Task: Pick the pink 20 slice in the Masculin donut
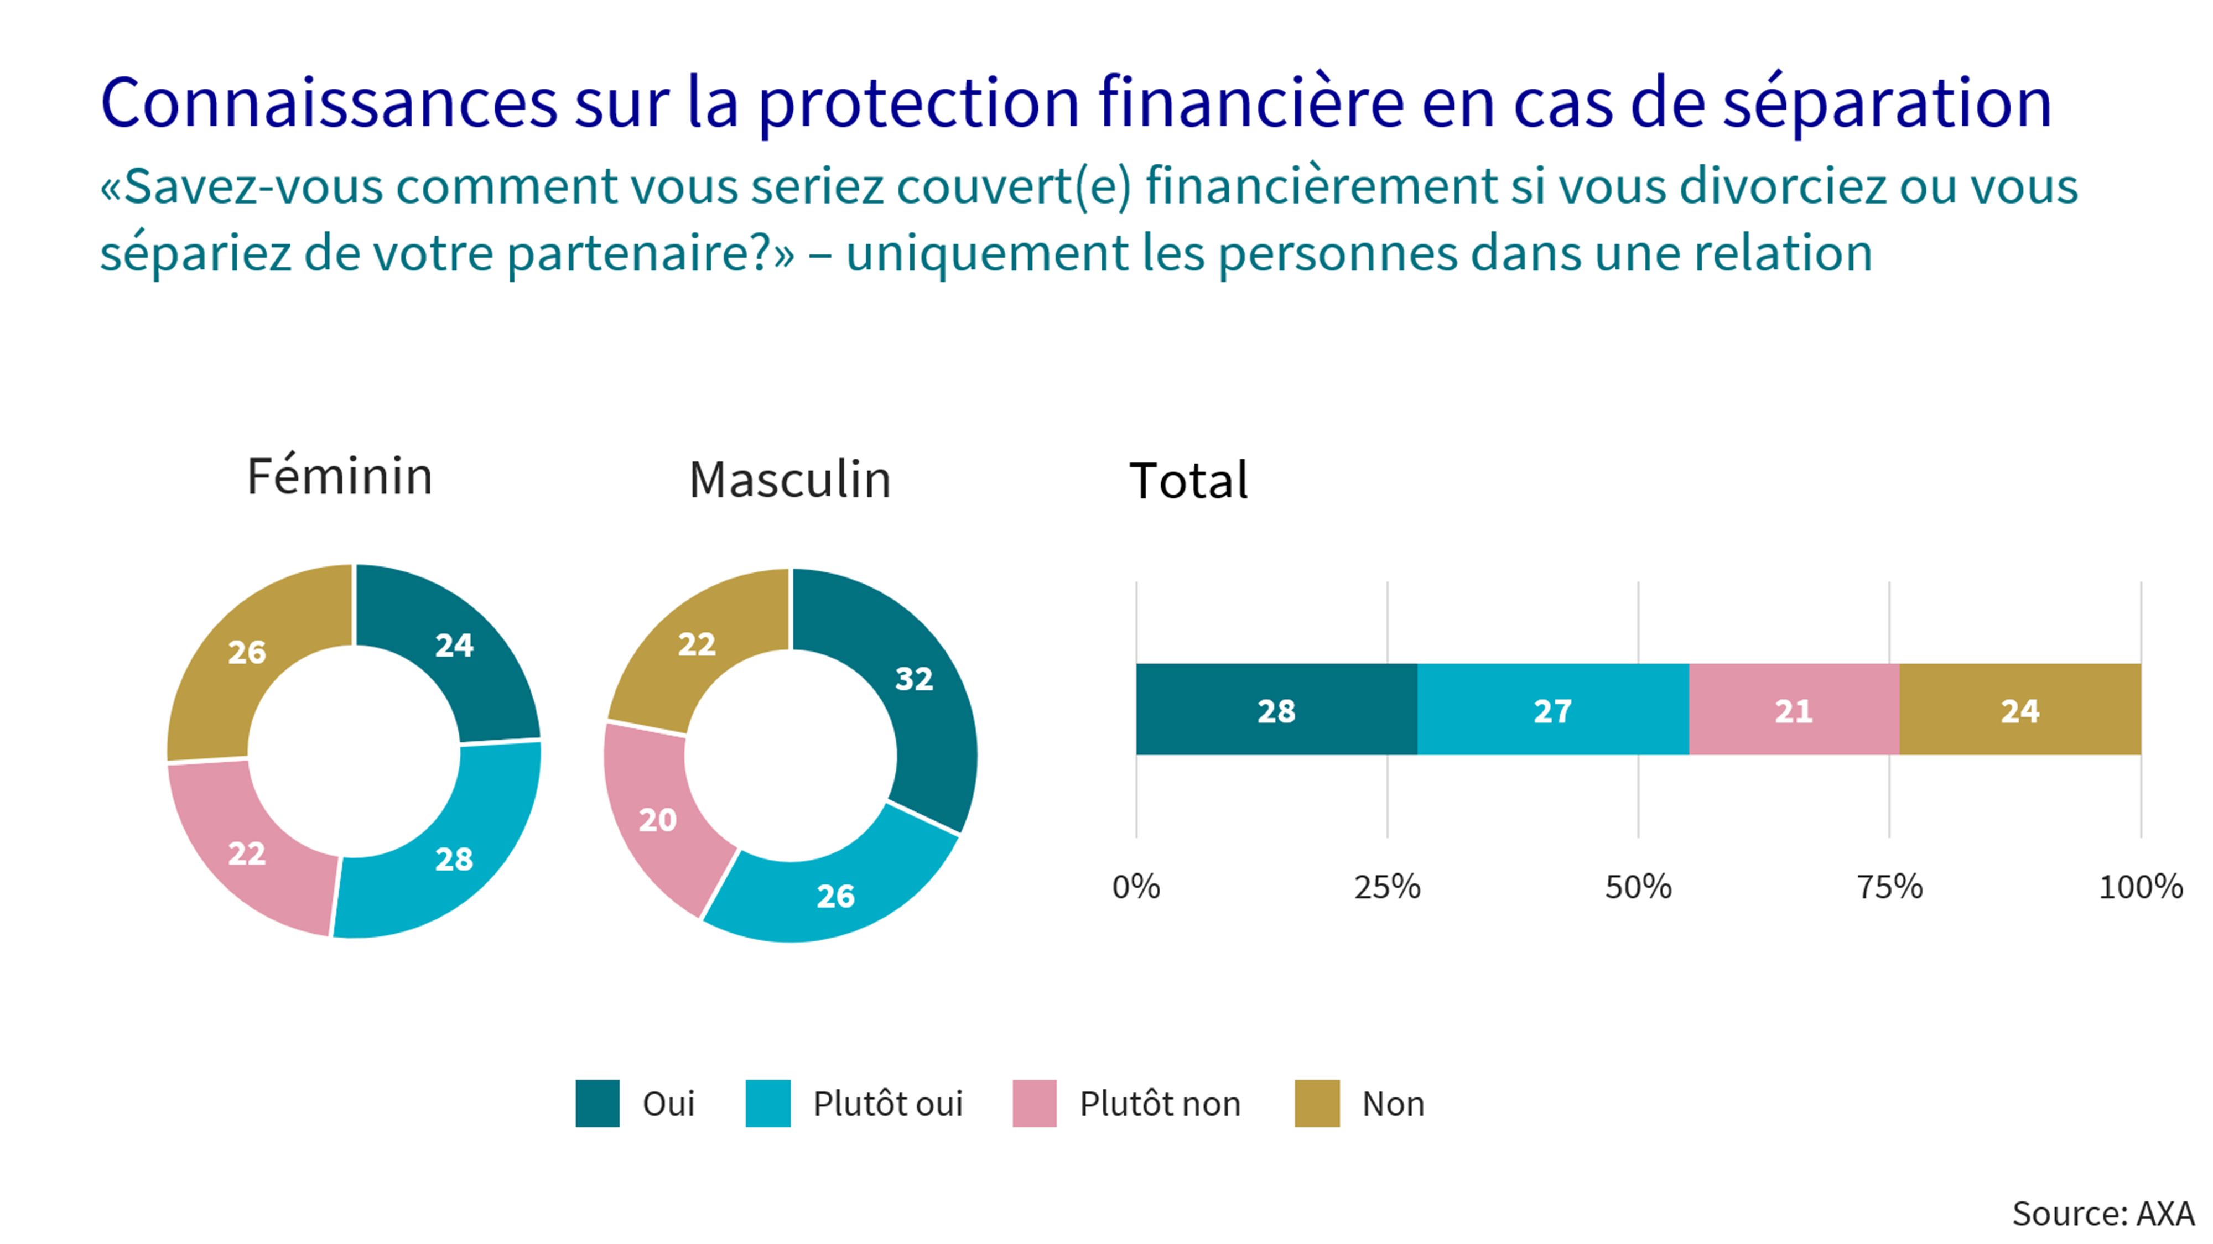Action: click(x=658, y=820)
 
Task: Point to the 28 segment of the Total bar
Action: click(x=1276, y=710)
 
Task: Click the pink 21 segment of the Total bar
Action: click(x=1794, y=710)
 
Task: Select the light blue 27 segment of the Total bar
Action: click(x=1552, y=710)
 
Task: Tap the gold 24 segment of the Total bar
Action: click(x=2020, y=710)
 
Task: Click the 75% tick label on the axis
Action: click(x=1889, y=887)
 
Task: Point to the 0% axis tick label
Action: click(x=1136, y=887)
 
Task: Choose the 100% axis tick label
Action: click(x=2140, y=887)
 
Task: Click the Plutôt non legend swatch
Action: click(x=1035, y=1103)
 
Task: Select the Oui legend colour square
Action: click(x=597, y=1103)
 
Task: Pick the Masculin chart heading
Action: click(x=789, y=480)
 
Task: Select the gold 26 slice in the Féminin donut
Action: click(x=247, y=652)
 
